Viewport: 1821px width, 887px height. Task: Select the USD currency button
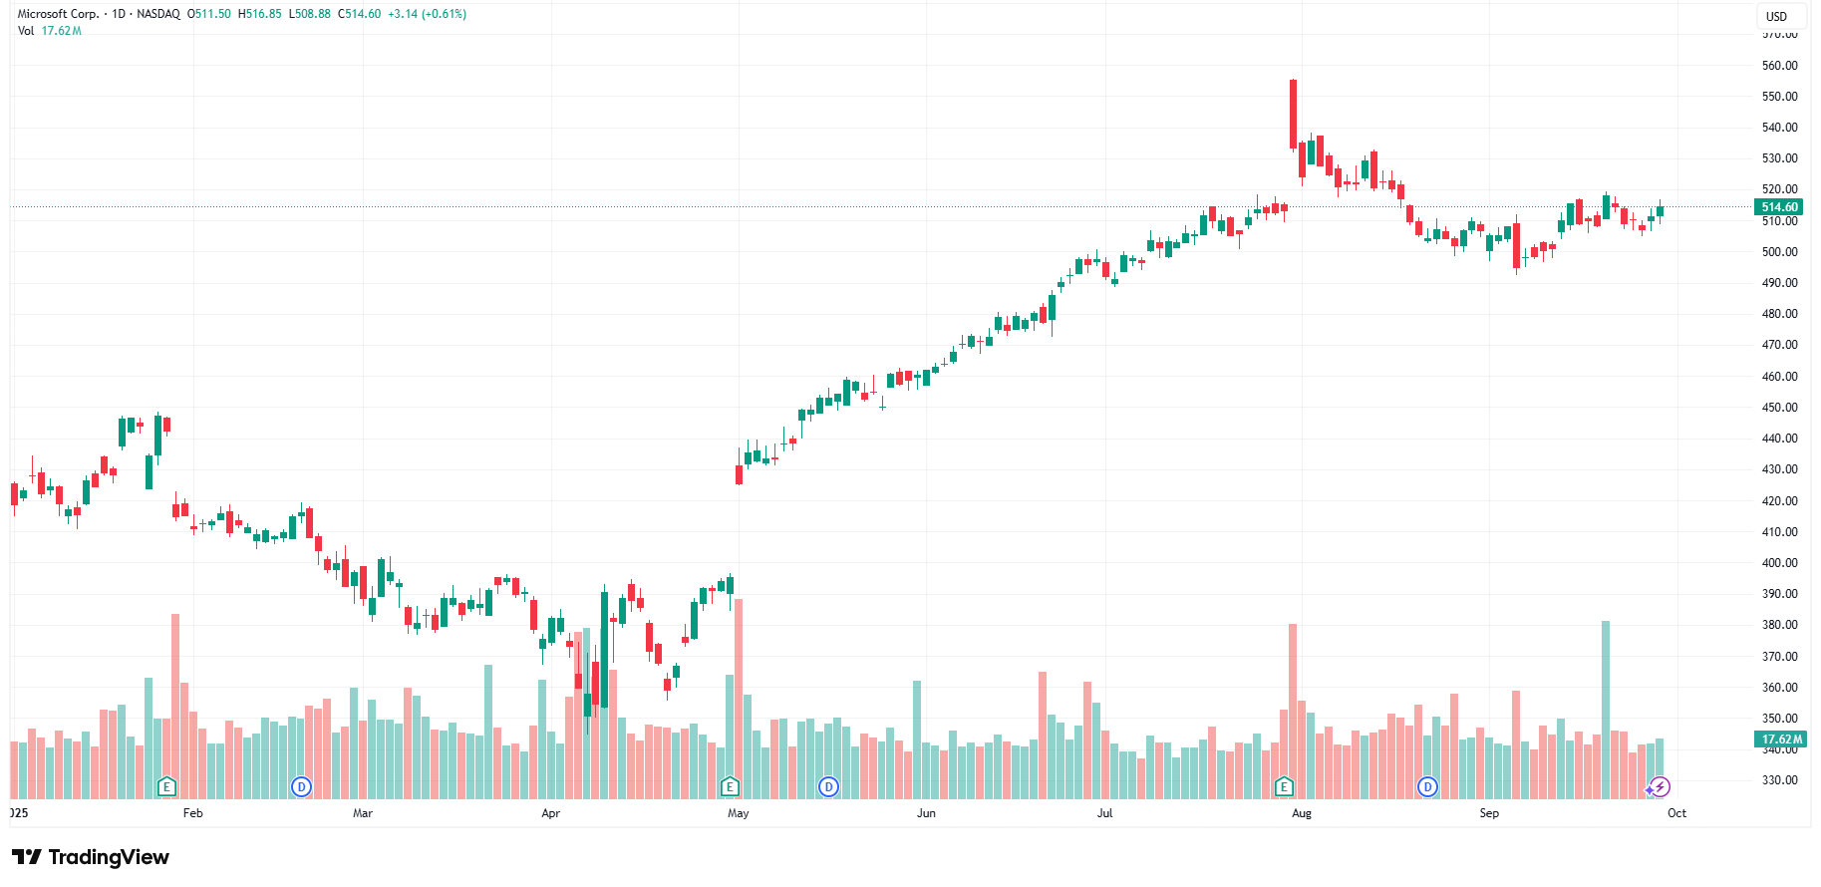tap(1776, 16)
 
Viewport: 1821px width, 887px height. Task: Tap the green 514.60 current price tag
tap(1779, 207)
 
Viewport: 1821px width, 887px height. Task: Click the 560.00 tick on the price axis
tap(1779, 66)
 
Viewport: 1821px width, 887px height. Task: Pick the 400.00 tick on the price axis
tap(1779, 563)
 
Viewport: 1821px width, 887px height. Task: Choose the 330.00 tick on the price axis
tap(1779, 780)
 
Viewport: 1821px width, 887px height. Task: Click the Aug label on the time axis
tap(1301, 813)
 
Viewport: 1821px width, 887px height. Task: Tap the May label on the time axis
tap(738, 813)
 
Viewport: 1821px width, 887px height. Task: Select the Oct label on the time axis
tap(1676, 813)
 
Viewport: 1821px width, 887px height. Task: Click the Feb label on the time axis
tap(192, 813)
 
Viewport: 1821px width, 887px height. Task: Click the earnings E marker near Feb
tap(166, 787)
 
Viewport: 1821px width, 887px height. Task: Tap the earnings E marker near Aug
tap(1284, 787)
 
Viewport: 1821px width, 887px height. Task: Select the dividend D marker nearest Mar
tap(301, 787)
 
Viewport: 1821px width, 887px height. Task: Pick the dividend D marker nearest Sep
tap(1427, 787)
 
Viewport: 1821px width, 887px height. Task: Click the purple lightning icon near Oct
tap(1660, 787)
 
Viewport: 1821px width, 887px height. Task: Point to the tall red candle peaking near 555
tap(1293, 114)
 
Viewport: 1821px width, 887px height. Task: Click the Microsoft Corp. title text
tap(58, 14)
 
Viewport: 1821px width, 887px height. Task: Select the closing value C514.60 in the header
tap(360, 14)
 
